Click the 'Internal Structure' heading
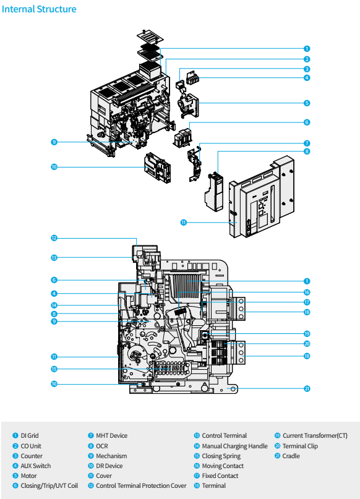[40, 9]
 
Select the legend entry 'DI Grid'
[29, 436]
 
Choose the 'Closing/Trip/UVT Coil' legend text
[49, 485]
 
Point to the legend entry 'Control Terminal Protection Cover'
[141, 485]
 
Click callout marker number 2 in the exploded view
[307, 59]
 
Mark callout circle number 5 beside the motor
[307, 103]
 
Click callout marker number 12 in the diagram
[54, 237]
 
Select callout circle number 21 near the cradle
[307, 389]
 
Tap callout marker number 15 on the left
[54, 369]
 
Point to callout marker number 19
[307, 333]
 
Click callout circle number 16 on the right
[307, 292]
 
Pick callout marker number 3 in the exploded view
[307, 69]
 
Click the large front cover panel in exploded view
[260, 198]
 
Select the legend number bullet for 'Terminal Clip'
[278, 446]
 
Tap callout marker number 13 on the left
[54, 257]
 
